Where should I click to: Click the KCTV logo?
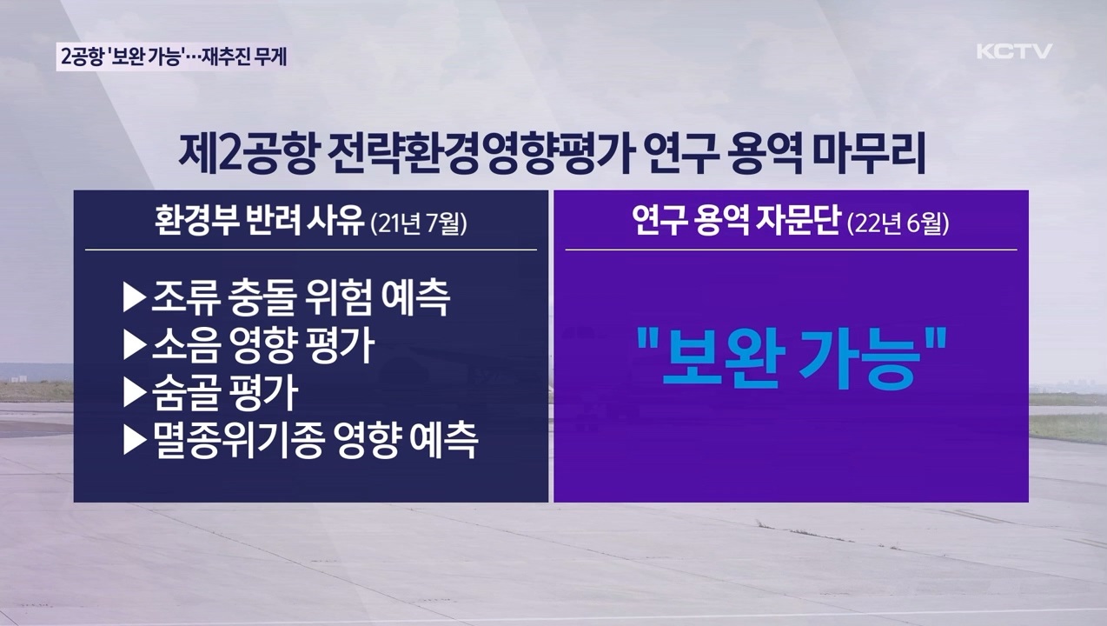[x=1014, y=51]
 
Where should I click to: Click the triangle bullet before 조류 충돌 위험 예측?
[x=135, y=298]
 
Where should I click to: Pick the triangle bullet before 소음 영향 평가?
[x=135, y=346]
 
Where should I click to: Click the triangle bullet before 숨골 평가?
[x=135, y=394]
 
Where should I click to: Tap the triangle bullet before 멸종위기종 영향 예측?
[x=135, y=441]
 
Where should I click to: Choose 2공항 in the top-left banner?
[x=85, y=57]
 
